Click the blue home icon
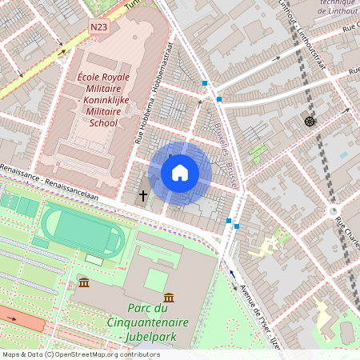(180, 173)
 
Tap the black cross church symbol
(144, 195)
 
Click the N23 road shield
(98, 27)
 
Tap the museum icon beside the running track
(83, 282)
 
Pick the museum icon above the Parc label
(169, 297)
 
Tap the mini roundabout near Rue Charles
(334, 211)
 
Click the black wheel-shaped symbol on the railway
(309, 121)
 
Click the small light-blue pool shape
(344, 154)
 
